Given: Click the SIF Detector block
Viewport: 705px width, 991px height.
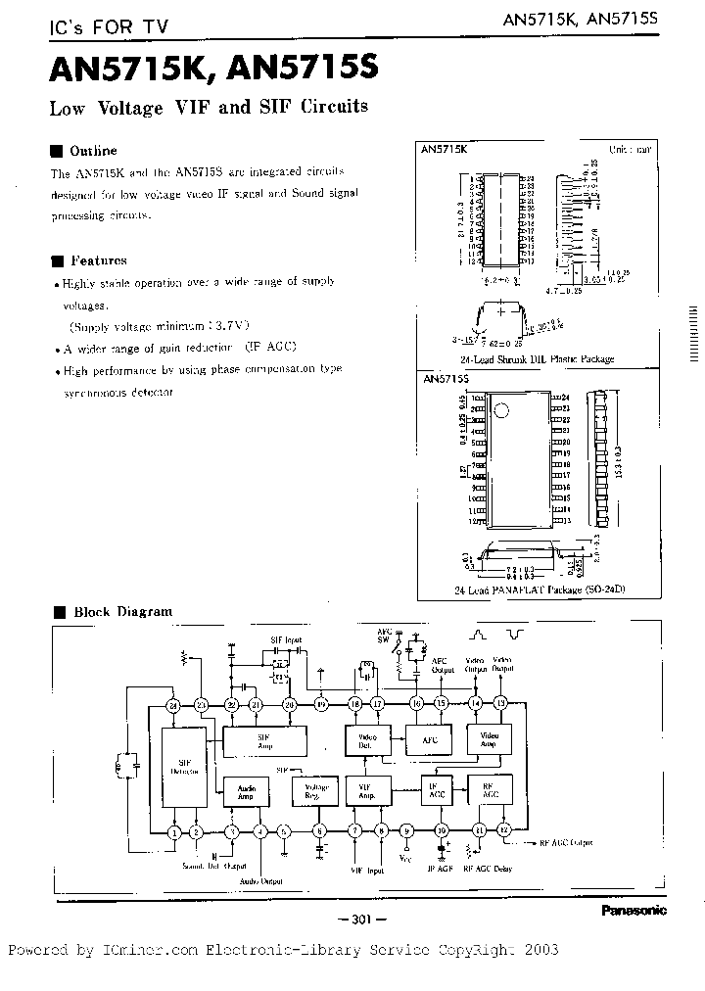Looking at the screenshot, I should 182,767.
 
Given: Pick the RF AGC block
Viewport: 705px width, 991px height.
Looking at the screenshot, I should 490,790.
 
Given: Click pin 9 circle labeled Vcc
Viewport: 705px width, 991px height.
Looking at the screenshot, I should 407,832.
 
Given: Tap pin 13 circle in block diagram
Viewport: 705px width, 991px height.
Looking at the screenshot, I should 501,704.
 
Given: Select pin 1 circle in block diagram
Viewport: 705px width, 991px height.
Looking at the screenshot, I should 173,832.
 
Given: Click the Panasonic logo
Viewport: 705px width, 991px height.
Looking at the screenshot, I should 633,911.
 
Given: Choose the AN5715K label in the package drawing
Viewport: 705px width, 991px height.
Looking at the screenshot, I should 444,149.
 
